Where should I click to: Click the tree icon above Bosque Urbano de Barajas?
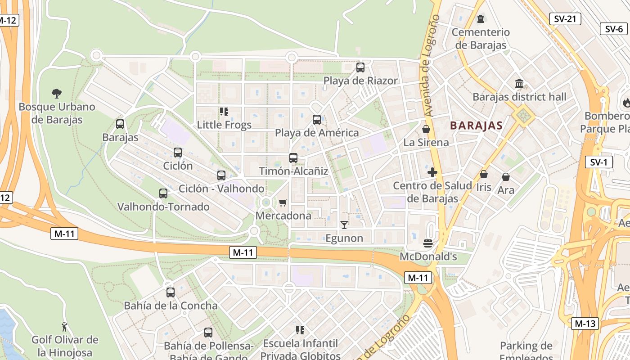click(57, 94)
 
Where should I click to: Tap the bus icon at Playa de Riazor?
click(360, 67)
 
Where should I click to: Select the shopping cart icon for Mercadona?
click(283, 202)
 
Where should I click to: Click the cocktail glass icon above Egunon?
click(344, 225)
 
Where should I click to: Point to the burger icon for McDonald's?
click(428, 243)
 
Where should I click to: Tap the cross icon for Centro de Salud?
click(432, 172)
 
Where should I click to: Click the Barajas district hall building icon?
click(519, 84)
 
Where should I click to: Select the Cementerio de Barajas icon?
click(481, 19)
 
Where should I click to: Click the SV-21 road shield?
click(565, 19)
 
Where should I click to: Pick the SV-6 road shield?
click(614, 29)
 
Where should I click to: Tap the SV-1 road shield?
click(599, 162)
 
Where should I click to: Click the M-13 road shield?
click(585, 323)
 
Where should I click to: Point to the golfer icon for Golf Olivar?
click(65, 326)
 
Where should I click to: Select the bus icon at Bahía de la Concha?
click(171, 292)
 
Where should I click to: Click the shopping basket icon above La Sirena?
click(426, 130)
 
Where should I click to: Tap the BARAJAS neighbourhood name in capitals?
click(476, 126)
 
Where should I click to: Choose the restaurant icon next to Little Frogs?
click(224, 111)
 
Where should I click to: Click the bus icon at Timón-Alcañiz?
click(293, 158)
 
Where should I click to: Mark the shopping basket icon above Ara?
click(506, 177)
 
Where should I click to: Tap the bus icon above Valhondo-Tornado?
click(163, 193)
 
